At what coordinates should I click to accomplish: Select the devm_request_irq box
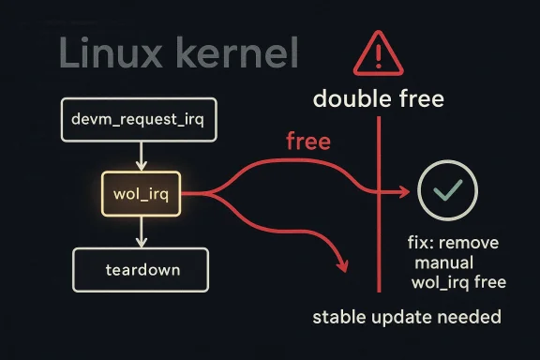click(x=138, y=119)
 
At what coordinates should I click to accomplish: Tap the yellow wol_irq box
click(x=139, y=194)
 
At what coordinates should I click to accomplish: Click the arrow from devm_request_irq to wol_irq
click(x=139, y=156)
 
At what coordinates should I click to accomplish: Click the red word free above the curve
click(x=307, y=142)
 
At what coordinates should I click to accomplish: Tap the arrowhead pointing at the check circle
click(x=404, y=191)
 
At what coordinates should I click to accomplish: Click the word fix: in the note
click(x=426, y=244)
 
